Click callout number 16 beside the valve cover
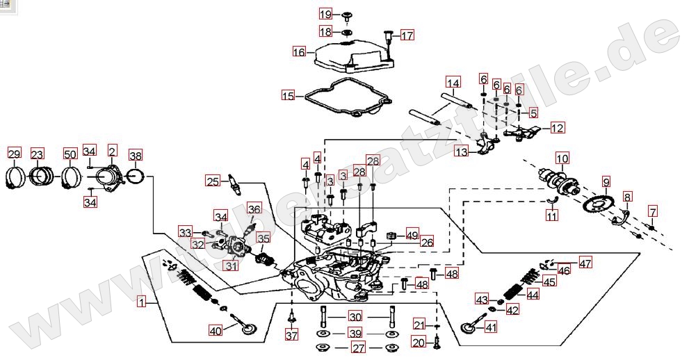coord(299,51)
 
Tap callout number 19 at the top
coord(325,14)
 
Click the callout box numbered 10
coord(562,157)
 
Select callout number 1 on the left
coord(142,302)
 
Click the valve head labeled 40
coord(247,325)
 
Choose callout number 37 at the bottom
coord(291,336)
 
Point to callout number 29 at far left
coord(15,154)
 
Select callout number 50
coord(70,154)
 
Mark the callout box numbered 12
coord(558,128)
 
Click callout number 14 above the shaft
coord(453,83)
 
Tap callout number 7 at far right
coord(652,211)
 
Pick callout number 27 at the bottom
coord(357,348)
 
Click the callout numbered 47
coord(585,263)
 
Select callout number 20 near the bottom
coord(418,342)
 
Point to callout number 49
coord(412,236)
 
